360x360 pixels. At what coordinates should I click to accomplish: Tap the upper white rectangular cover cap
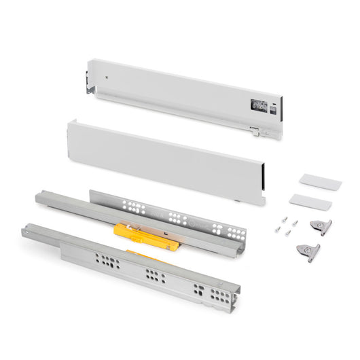point(319,182)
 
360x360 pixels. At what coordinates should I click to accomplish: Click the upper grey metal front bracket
point(320,227)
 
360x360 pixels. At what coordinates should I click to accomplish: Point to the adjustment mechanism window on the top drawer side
point(259,105)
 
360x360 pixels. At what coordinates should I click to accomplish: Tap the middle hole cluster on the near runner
point(153,276)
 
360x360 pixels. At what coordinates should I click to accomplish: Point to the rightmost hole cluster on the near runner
point(202,291)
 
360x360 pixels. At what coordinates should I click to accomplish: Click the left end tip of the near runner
point(25,231)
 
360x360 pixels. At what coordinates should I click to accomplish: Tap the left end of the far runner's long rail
point(40,198)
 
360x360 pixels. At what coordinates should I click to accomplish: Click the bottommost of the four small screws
point(288,233)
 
